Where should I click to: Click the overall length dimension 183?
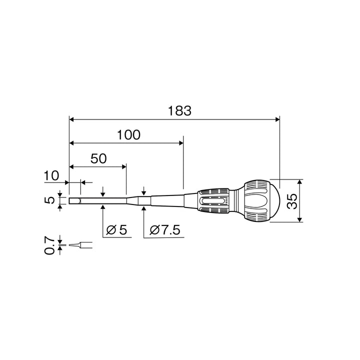pyautogui.click(x=179, y=111)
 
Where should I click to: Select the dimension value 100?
pyautogui.click(x=128, y=135)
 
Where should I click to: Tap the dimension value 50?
pyautogui.click(x=98, y=158)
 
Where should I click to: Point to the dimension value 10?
pyautogui.click(x=51, y=176)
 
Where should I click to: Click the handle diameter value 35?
pyautogui.click(x=292, y=201)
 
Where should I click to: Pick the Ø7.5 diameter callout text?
pyautogui.click(x=165, y=230)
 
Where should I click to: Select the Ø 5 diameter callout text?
pyautogui.click(x=116, y=230)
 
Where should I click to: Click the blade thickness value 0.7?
pyautogui.click(x=49, y=245)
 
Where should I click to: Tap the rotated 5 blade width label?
pyautogui.click(x=49, y=200)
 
